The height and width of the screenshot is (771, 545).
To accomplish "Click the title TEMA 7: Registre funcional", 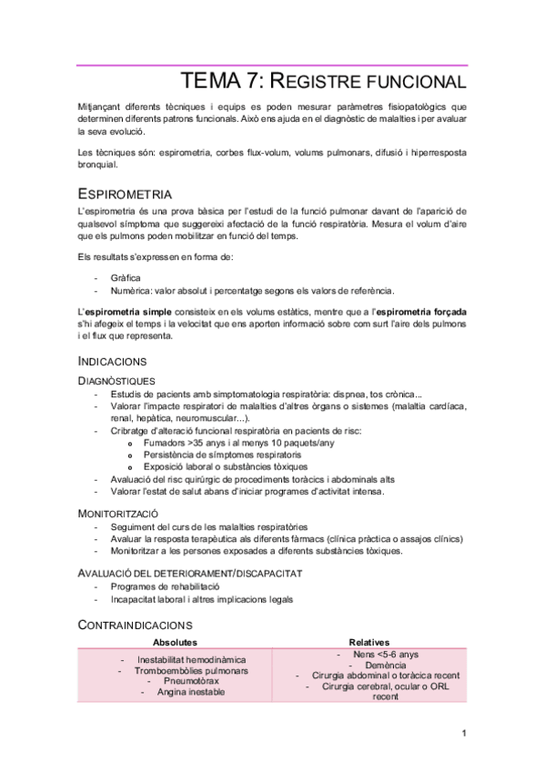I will (324, 81).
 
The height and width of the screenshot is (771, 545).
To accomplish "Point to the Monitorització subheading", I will (121, 513).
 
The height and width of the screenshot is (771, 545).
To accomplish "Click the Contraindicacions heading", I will (135, 625).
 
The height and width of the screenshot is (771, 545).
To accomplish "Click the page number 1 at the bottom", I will (464, 733).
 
